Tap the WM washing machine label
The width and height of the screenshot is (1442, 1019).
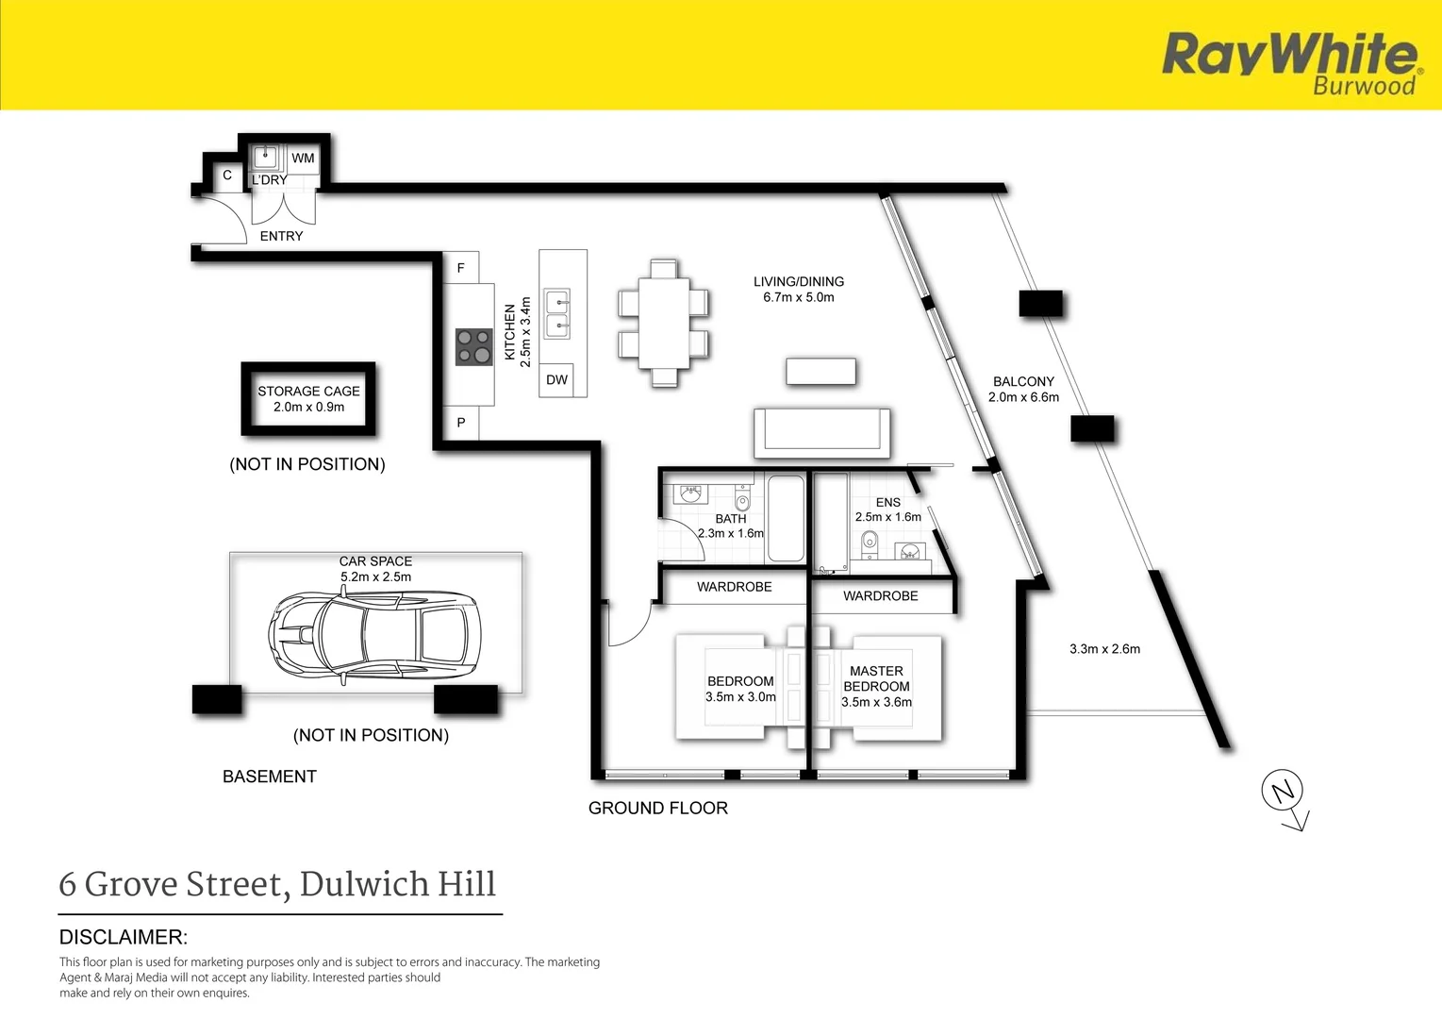(x=303, y=158)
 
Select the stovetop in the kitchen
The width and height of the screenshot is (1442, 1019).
(x=474, y=347)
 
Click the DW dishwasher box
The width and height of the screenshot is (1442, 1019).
(x=556, y=380)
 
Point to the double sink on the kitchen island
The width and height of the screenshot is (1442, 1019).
(x=556, y=314)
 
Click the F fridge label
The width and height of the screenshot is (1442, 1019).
(x=461, y=268)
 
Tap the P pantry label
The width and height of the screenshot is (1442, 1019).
(x=461, y=423)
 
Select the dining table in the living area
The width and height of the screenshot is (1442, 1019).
(x=664, y=323)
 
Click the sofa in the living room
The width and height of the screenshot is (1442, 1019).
(x=822, y=433)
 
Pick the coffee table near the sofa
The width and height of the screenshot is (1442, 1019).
(x=820, y=372)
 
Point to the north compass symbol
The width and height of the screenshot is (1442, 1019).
(x=1285, y=799)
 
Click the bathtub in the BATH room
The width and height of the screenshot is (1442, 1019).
(x=786, y=519)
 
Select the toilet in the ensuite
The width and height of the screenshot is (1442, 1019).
(x=869, y=545)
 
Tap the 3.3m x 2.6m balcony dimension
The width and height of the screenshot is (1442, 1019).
(x=1104, y=649)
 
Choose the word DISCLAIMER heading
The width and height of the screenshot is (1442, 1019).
(x=123, y=937)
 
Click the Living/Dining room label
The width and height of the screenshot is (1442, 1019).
(x=799, y=281)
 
